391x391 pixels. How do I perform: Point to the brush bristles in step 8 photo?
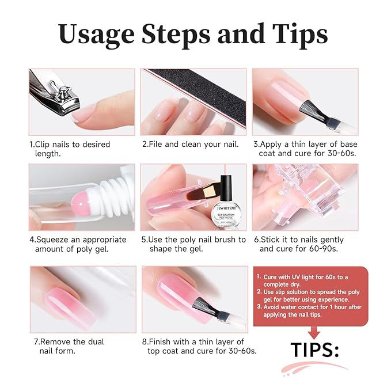point(213,310)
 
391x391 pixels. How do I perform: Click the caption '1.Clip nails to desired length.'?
point(69,149)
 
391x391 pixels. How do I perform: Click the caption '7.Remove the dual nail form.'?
point(69,346)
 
